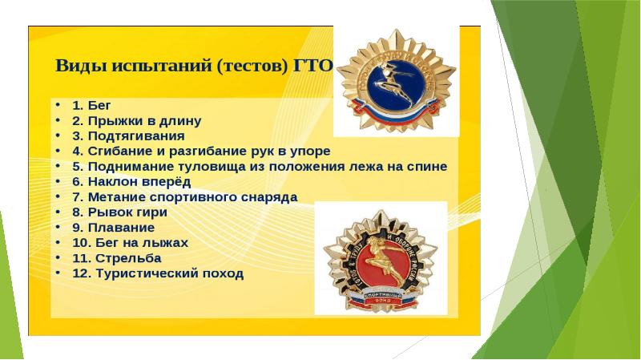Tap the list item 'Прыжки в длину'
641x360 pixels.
[x=136, y=120]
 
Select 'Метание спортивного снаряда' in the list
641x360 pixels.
[x=185, y=196]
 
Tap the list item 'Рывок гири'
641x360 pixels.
[x=120, y=212]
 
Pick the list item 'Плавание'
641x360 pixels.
[x=113, y=228]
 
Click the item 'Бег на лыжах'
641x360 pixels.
[x=131, y=243]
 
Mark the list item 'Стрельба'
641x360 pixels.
[x=117, y=258]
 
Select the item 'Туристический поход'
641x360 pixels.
[x=158, y=273]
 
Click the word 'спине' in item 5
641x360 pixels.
[x=427, y=166]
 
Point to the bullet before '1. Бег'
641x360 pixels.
[x=58, y=105]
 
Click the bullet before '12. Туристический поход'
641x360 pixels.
[x=58, y=273]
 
